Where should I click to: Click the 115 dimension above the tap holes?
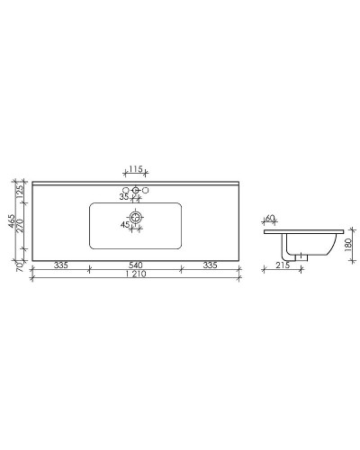[x=136, y=169]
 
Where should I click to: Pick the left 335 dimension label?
[x=61, y=265]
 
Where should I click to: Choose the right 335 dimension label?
[x=210, y=265]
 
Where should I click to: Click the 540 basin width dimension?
[x=136, y=265]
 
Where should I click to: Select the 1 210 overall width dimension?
[x=136, y=275]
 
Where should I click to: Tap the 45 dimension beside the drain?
[x=124, y=224]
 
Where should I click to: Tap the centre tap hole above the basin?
[x=136, y=191]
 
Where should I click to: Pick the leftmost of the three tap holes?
[x=127, y=191]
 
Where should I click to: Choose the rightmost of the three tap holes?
[x=145, y=191]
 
